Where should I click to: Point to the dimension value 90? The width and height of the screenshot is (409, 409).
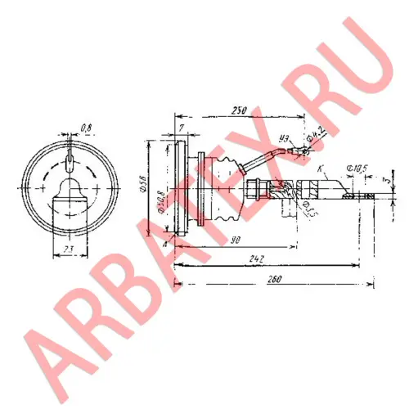[x=211, y=239]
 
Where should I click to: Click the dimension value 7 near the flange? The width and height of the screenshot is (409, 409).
[x=180, y=128]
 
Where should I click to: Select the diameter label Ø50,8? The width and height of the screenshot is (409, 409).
[x=162, y=200]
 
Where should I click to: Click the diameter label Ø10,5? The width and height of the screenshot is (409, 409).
[x=358, y=169]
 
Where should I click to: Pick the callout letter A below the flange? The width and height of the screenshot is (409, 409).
[x=167, y=243]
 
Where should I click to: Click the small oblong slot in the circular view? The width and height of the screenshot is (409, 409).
[x=71, y=155]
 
